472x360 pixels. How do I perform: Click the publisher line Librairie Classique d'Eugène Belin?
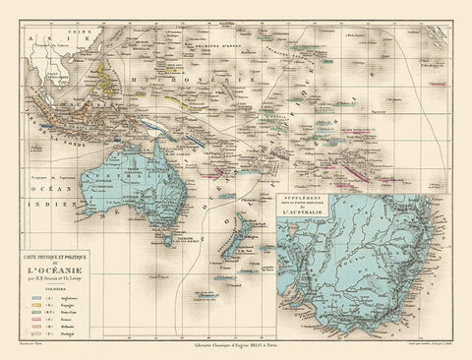click(236, 347)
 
